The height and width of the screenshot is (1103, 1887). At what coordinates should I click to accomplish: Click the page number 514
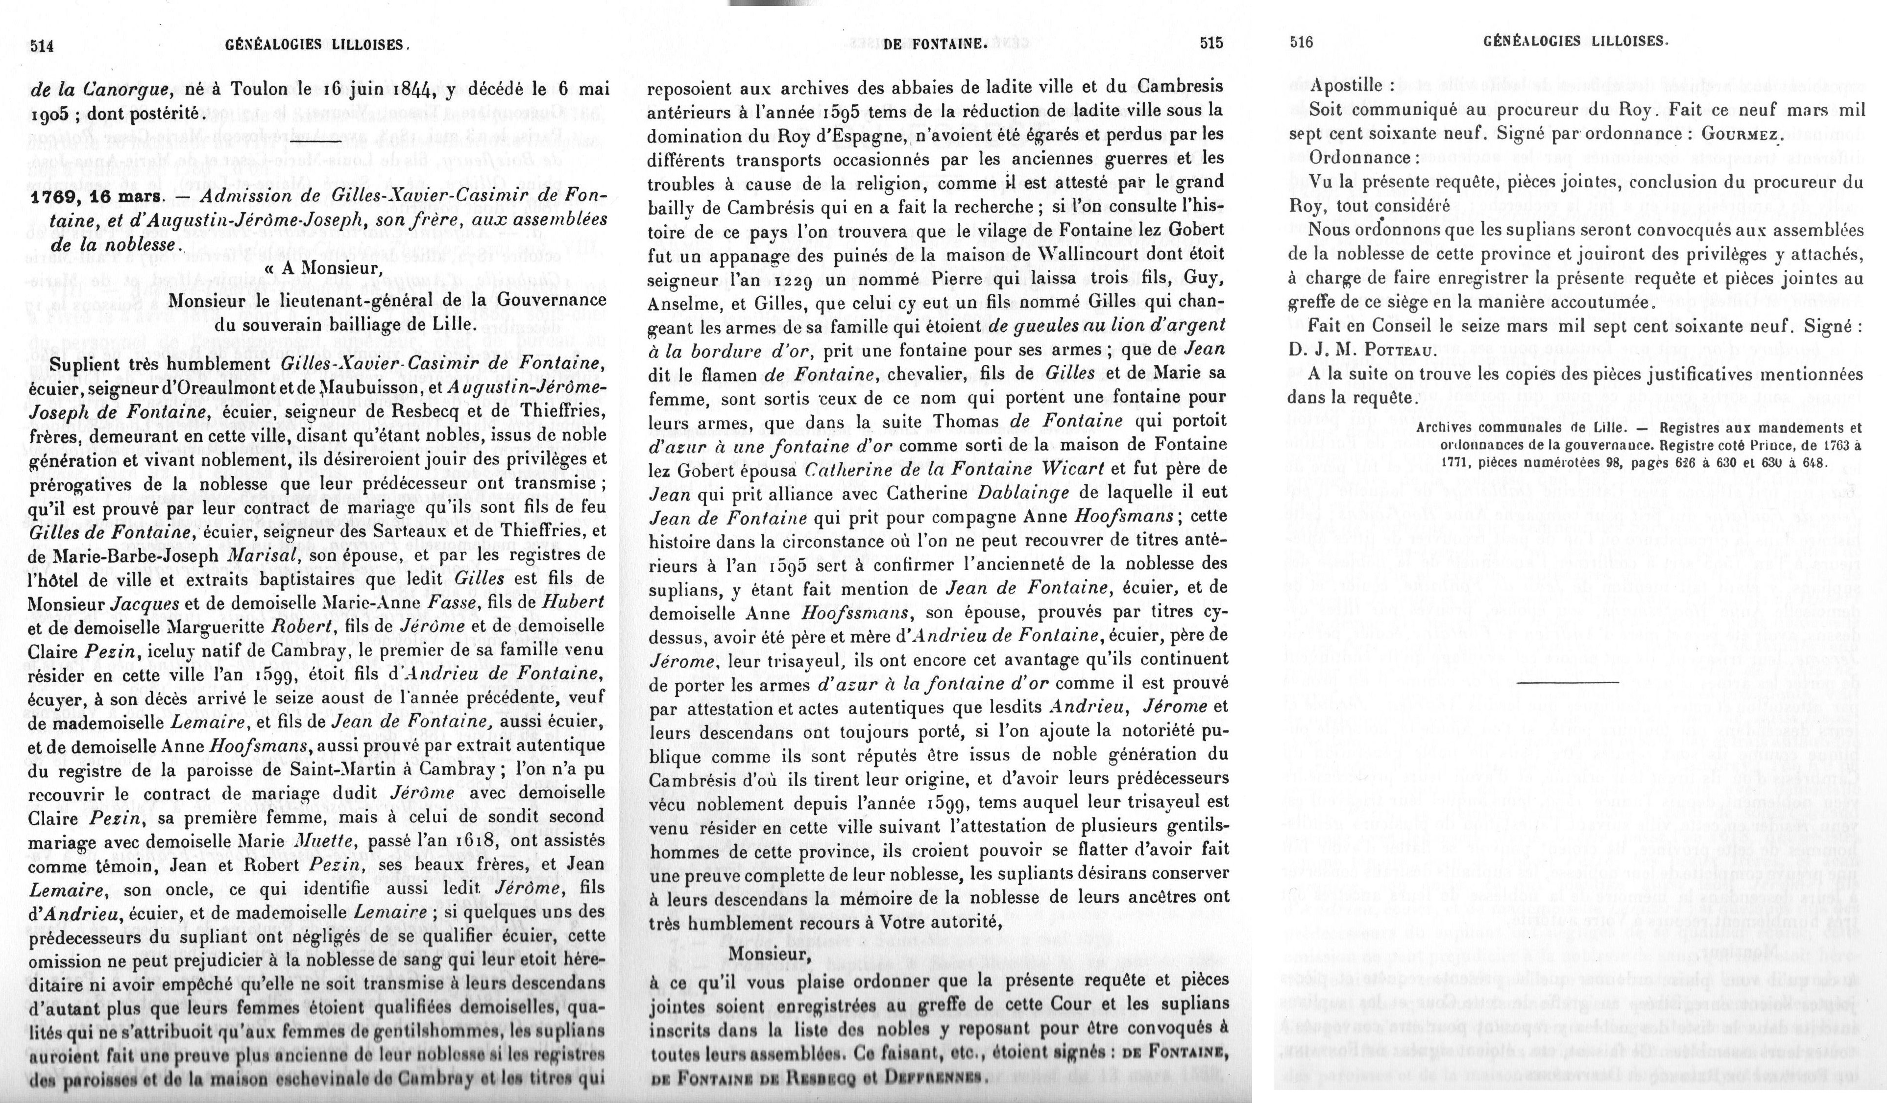point(42,45)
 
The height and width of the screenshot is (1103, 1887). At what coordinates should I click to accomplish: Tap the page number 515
point(1211,44)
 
